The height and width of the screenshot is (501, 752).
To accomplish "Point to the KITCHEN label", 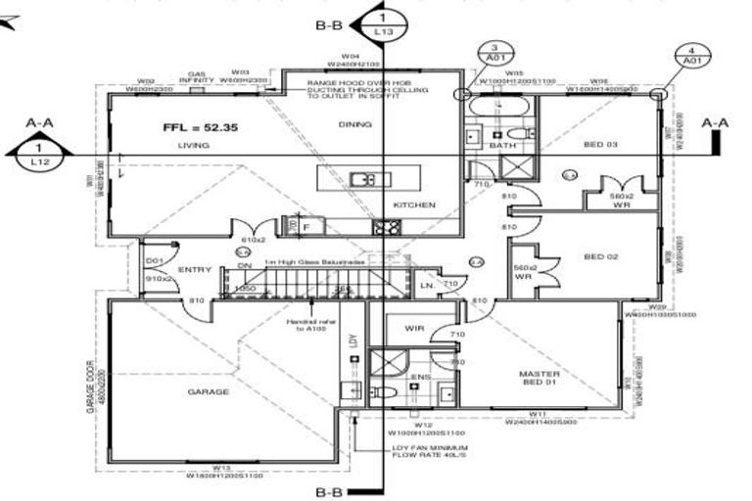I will pyautogui.click(x=413, y=205).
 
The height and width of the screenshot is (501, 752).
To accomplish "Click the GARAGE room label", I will pyautogui.click(x=208, y=391).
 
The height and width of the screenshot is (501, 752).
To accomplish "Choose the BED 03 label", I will pyautogui.click(x=600, y=144).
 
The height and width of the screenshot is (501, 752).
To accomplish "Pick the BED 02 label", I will pyautogui.click(x=600, y=256).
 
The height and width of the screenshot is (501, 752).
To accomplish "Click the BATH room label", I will pyautogui.click(x=500, y=145).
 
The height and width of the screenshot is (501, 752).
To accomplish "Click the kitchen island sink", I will pyautogui.click(x=364, y=180).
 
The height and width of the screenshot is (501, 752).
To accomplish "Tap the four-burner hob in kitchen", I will pyautogui.click(x=385, y=229).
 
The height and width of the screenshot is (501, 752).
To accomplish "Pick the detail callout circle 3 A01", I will pyautogui.click(x=494, y=53).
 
